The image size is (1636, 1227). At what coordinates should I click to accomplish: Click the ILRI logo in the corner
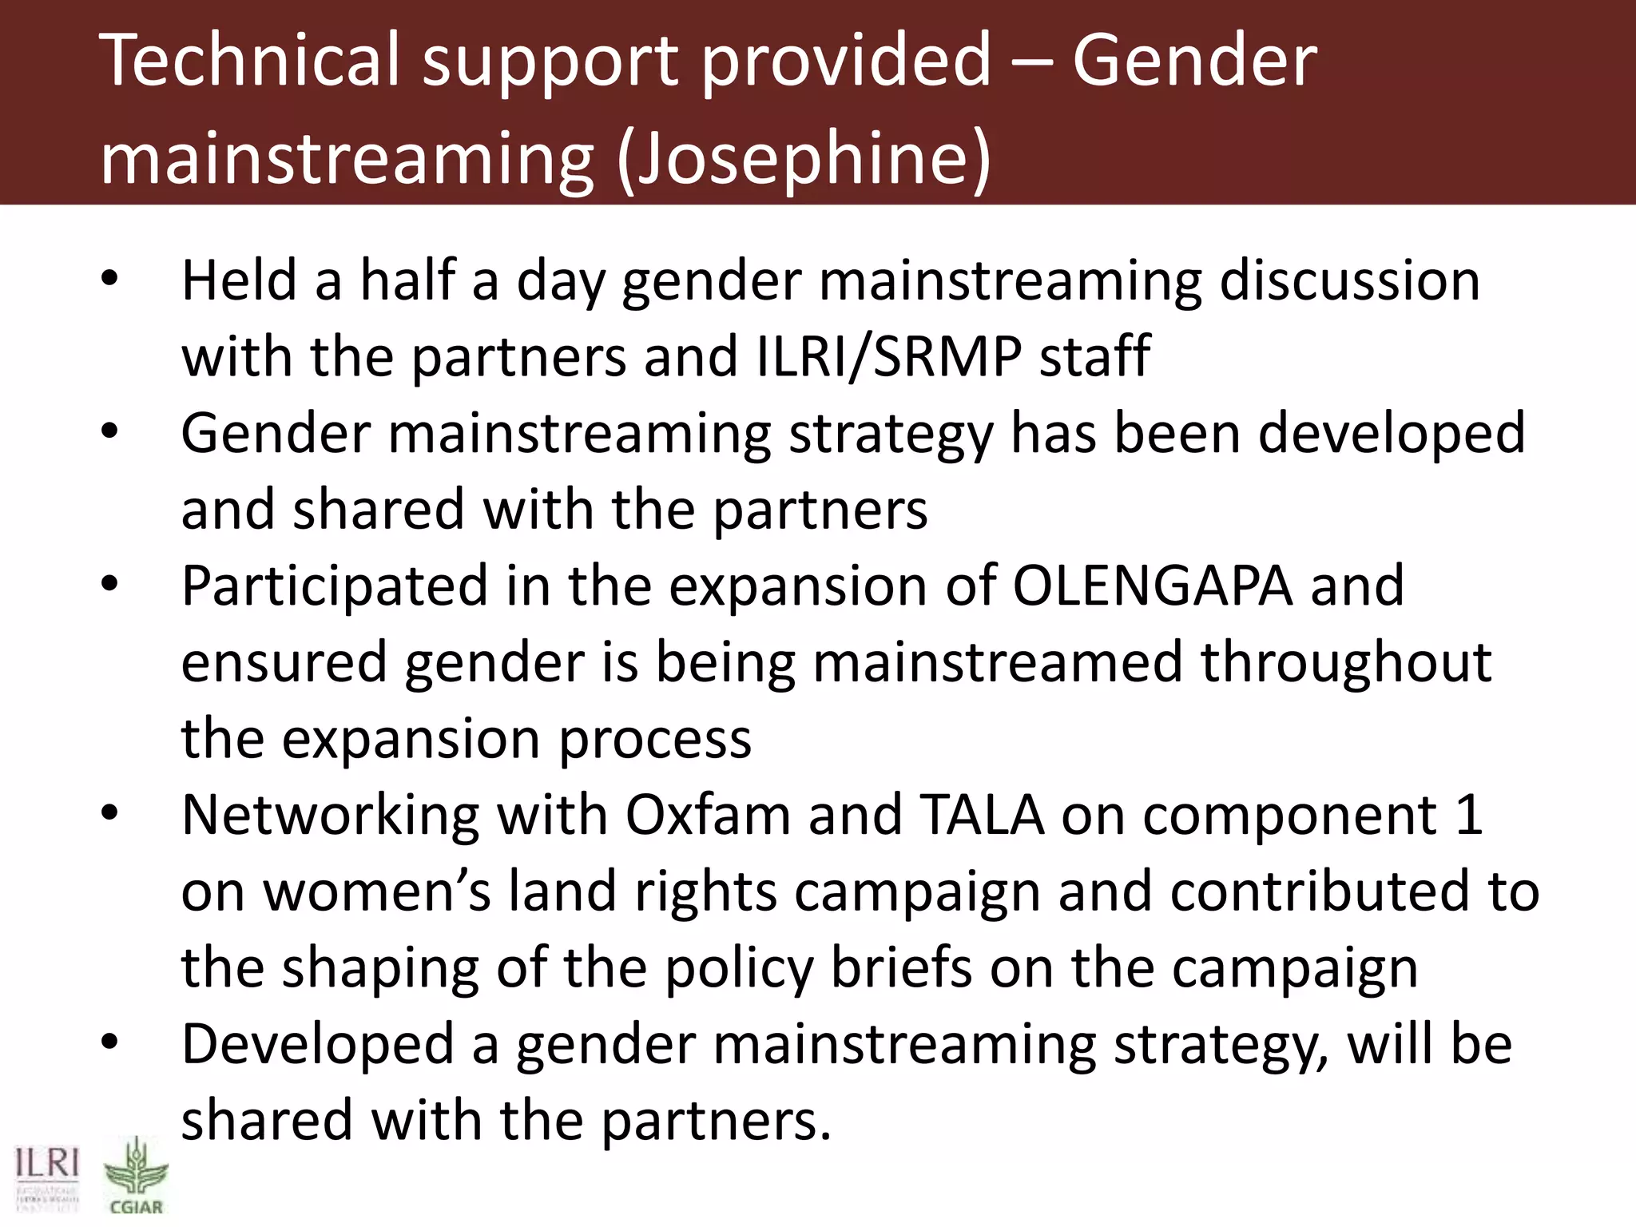(x=47, y=1179)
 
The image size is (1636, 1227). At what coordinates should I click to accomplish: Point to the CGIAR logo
(x=136, y=1177)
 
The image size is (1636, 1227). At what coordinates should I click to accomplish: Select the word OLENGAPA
(x=1153, y=586)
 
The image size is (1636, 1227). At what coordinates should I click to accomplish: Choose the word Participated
(x=335, y=586)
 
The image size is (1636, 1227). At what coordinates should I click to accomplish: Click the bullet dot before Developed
(x=109, y=1042)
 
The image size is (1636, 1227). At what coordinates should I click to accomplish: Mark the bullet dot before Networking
(x=109, y=814)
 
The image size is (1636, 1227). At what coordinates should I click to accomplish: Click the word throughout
(x=1346, y=662)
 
